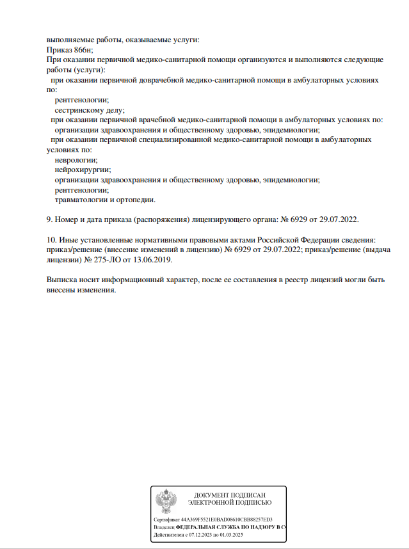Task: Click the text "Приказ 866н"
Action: (x=70, y=49)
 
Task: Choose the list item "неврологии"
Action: (x=76, y=160)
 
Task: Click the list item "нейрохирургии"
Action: (x=83, y=170)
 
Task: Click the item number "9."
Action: (x=50, y=219)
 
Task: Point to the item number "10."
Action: (x=52, y=240)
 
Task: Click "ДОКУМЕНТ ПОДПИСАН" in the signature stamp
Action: (x=229, y=495)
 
